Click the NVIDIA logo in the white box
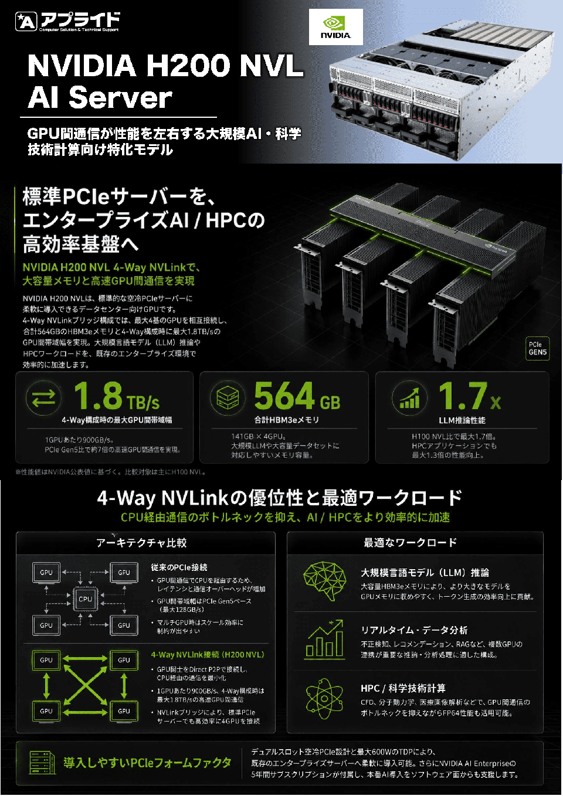(x=335, y=27)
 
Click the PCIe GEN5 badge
(x=537, y=348)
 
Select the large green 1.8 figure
(x=98, y=395)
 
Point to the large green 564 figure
(x=284, y=395)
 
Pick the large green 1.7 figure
(x=463, y=395)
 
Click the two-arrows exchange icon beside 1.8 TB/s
(x=43, y=397)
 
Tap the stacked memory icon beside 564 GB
(x=228, y=397)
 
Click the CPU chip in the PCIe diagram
(x=85, y=599)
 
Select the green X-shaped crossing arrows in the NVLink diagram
(x=85, y=685)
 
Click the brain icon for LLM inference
(x=325, y=581)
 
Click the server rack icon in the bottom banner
(x=42, y=763)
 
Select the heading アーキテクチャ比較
(x=141, y=543)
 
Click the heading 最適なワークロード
(x=410, y=543)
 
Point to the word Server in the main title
(x=120, y=97)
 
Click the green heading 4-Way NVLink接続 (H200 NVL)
(x=208, y=655)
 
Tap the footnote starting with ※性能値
(x=111, y=472)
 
